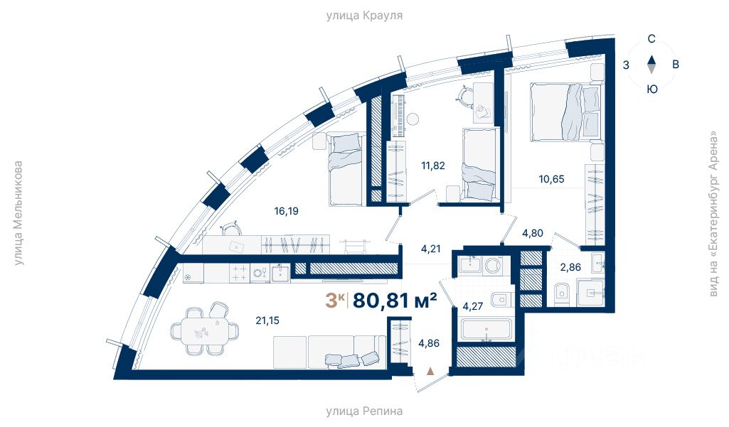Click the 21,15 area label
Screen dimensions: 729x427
coord(267,320)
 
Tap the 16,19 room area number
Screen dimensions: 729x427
coord(287,211)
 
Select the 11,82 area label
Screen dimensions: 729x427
coord(433,166)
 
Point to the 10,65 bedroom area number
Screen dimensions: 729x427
coord(551,179)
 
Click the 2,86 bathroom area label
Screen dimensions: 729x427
coord(570,266)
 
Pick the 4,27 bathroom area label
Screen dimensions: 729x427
coord(473,306)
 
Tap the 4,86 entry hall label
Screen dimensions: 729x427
coord(429,343)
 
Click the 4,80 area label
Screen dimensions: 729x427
coord(532,233)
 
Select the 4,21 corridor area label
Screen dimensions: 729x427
coord(430,249)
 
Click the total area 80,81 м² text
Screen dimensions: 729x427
coord(395,301)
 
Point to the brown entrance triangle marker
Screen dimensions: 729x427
coord(430,371)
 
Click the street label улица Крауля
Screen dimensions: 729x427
coord(364,16)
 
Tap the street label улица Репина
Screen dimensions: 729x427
coord(364,411)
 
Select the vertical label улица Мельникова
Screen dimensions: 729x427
coord(18,213)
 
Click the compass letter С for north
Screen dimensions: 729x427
coord(651,39)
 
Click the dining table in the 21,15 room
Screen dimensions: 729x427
coord(205,330)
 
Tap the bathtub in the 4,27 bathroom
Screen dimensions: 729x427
coord(486,330)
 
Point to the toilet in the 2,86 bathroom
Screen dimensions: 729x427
coord(561,292)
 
